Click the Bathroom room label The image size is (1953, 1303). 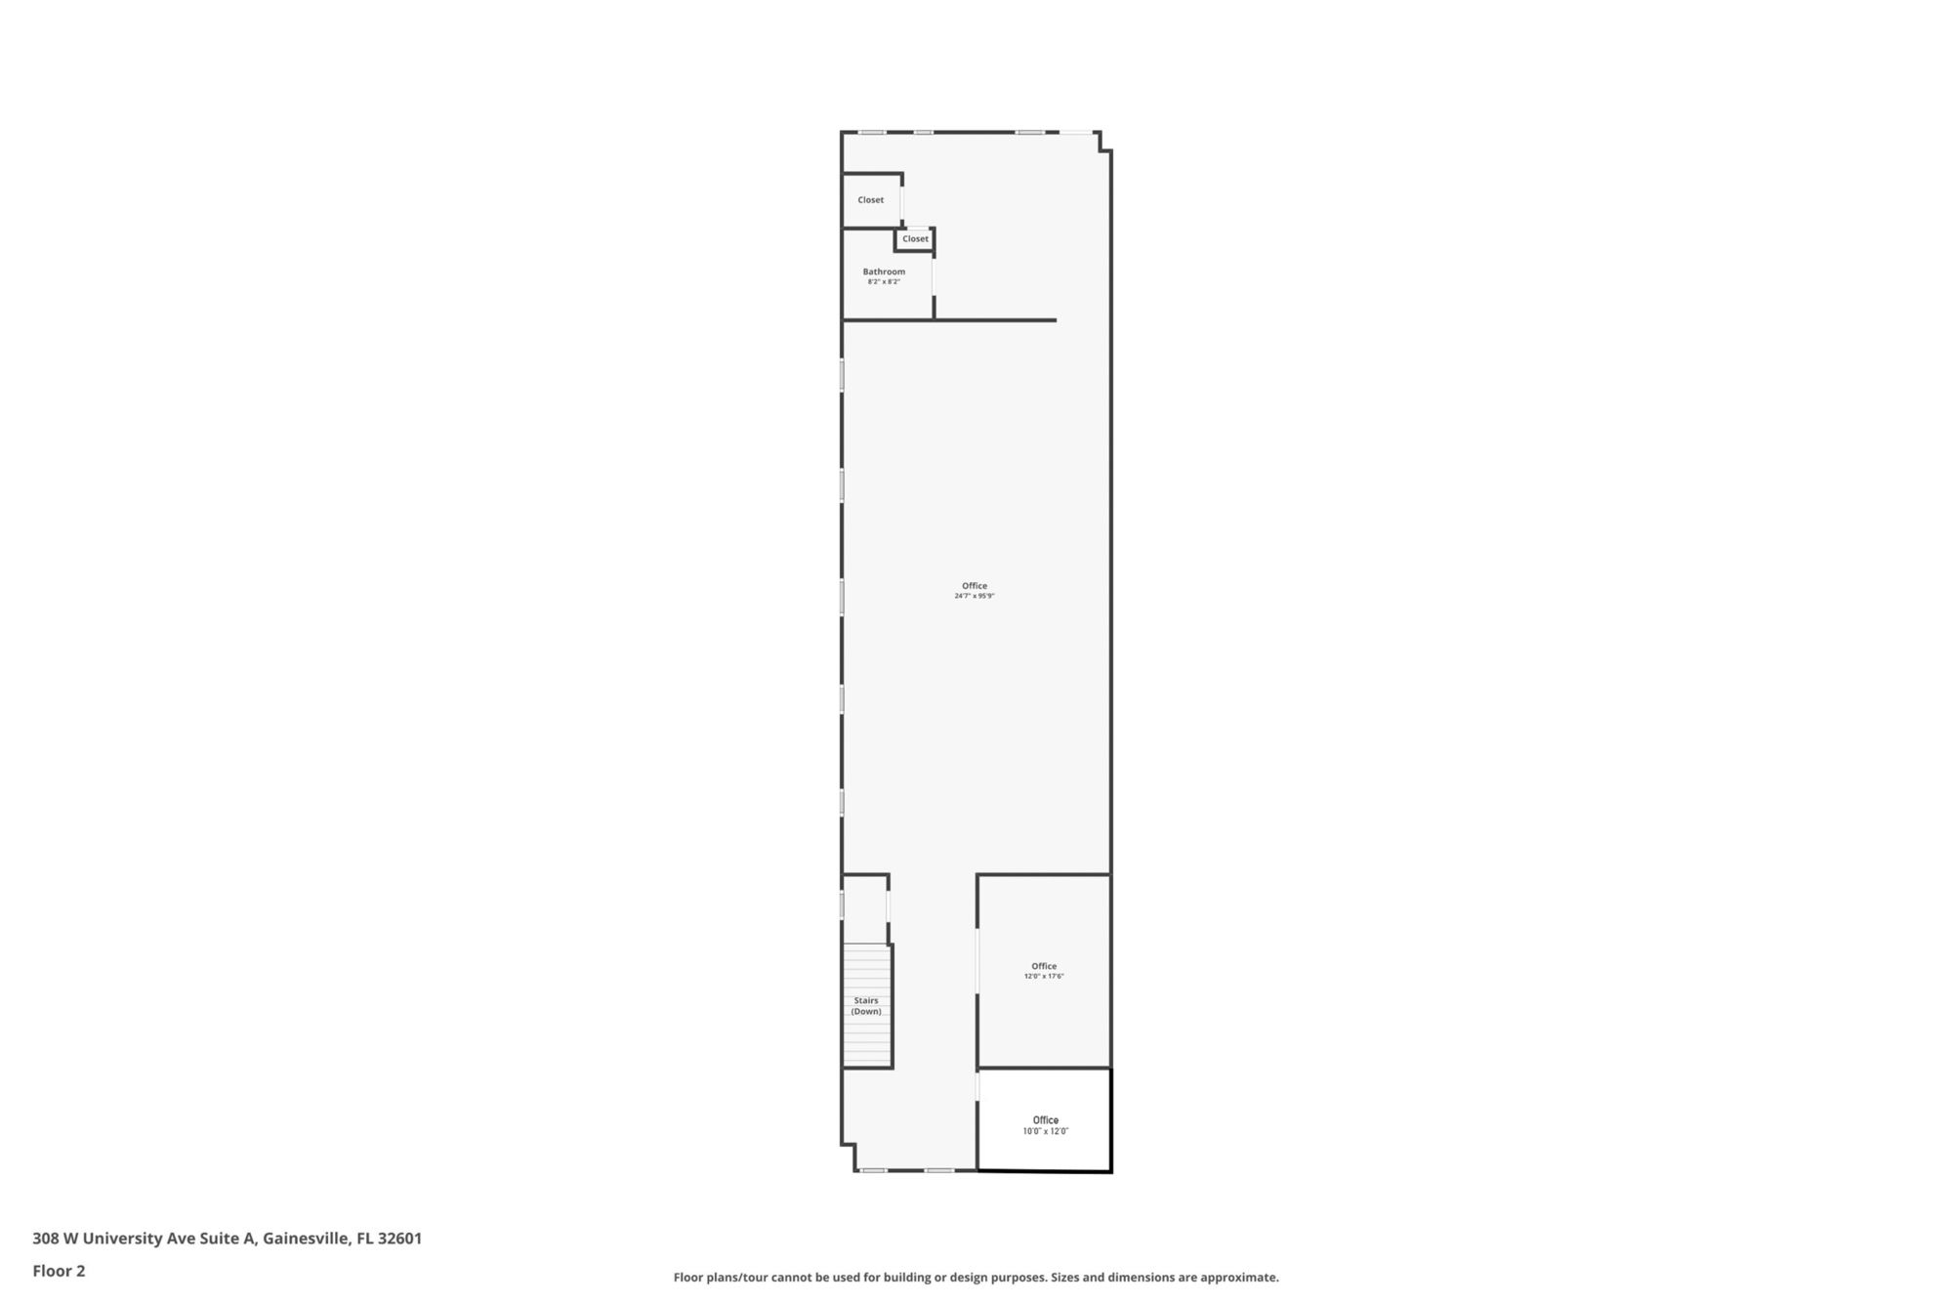884,272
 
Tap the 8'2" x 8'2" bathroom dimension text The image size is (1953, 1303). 884,282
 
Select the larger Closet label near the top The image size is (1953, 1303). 871,200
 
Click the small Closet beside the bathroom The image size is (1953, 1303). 916,239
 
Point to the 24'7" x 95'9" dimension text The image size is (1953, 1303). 975,596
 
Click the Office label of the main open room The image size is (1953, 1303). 975,586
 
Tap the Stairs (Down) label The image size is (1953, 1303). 866,1006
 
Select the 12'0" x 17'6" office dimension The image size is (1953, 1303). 1044,977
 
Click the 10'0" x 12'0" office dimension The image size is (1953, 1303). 1046,1131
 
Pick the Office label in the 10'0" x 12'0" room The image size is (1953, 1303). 1046,1120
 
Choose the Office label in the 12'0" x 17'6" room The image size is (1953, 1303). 1044,966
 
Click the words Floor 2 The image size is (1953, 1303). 59,1271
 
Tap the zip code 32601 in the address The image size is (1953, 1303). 399,1239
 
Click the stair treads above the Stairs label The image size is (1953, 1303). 866,967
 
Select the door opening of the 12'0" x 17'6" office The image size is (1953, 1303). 977,961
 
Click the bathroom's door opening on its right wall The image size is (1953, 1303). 934,274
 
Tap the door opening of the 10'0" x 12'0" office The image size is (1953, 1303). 977,1087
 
